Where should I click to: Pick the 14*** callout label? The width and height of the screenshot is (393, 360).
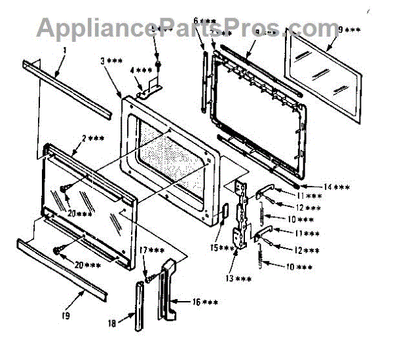[x=337, y=187]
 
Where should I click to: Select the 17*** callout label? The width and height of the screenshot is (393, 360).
[x=151, y=251]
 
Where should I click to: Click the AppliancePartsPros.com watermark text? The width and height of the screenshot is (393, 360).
[x=187, y=27]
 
